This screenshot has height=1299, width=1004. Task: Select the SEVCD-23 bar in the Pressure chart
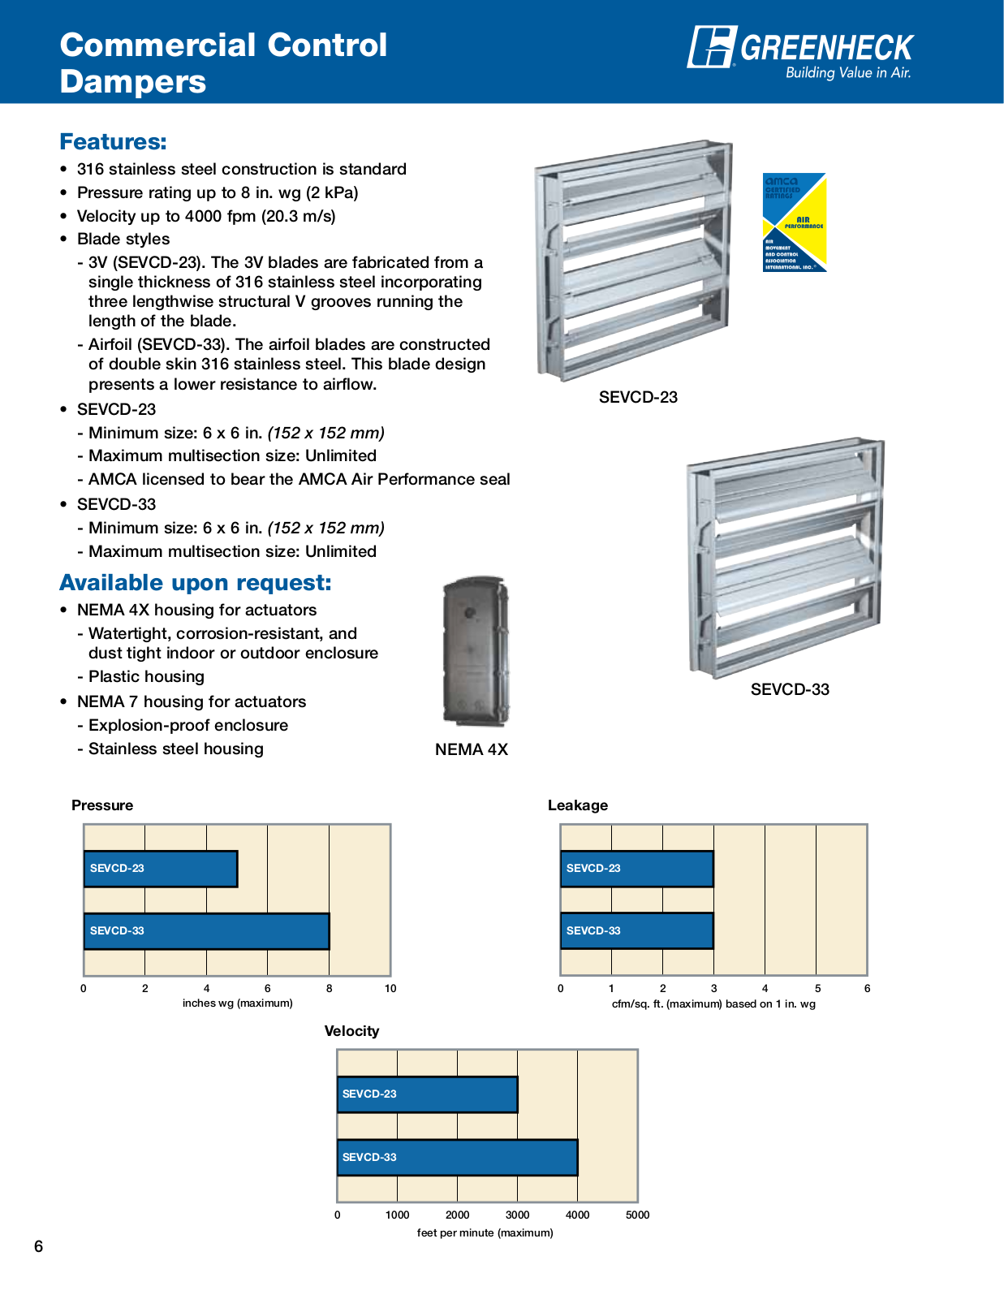(x=161, y=869)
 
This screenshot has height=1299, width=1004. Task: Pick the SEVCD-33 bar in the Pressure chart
(x=206, y=931)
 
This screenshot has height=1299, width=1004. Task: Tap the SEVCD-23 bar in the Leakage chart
(x=636, y=869)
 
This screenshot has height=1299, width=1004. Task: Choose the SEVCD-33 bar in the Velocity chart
(x=457, y=1157)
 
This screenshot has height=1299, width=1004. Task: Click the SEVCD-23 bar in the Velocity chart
(x=427, y=1094)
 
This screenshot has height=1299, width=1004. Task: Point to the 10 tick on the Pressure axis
(x=390, y=988)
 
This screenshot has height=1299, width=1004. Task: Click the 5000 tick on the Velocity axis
(x=637, y=1215)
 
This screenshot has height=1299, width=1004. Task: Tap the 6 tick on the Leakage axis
(x=867, y=988)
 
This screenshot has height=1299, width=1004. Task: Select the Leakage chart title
(x=577, y=805)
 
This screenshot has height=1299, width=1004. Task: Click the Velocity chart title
(x=351, y=1031)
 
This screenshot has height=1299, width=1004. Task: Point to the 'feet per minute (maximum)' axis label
(x=485, y=1232)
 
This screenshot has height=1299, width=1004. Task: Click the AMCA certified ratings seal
(x=794, y=222)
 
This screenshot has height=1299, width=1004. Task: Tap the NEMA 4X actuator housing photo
(x=475, y=651)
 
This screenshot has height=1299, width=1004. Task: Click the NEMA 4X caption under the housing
(x=471, y=749)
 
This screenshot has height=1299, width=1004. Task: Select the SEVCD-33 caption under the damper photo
(x=790, y=689)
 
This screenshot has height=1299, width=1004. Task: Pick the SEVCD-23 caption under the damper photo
(x=638, y=397)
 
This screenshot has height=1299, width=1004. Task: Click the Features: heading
(x=113, y=142)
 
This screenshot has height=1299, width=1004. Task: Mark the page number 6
(x=38, y=1246)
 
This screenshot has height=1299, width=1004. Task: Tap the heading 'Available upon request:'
(x=195, y=583)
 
